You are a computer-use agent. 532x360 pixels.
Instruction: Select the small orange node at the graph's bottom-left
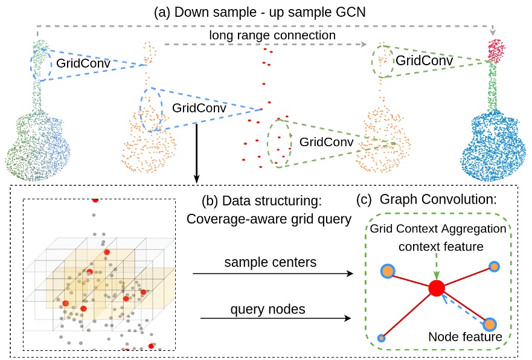click(x=380, y=337)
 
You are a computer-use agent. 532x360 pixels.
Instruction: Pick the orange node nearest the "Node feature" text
click(x=489, y=325)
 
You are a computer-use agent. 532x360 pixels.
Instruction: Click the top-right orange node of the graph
click(x=493, y=266)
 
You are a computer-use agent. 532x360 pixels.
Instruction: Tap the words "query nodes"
click(x=268, y=309)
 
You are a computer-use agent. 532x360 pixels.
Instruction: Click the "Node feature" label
click(x=465, y=337)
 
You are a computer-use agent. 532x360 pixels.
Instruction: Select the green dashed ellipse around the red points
click(x=280, y=141)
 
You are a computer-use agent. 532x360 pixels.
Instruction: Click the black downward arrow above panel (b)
click(x=196, y=152)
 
